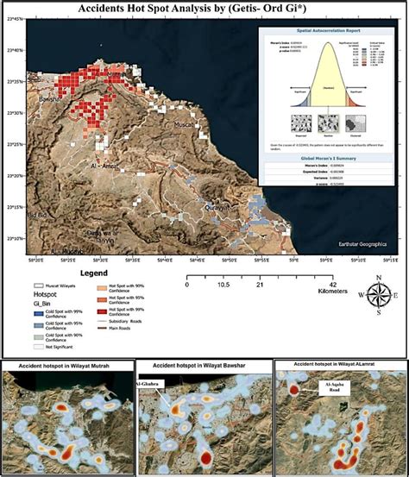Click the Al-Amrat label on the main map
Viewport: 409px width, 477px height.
tap(103, 163)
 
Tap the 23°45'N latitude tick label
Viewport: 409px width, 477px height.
tap(14, 19)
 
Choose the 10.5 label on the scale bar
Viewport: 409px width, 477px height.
tap(224, 283)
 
